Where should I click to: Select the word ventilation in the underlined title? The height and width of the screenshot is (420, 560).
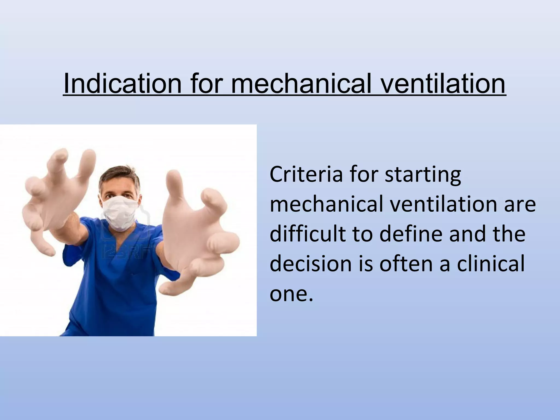coord(443,83)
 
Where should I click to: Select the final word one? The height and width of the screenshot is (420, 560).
coord(291,294)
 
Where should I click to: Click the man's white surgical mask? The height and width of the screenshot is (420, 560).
coord(119,213)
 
